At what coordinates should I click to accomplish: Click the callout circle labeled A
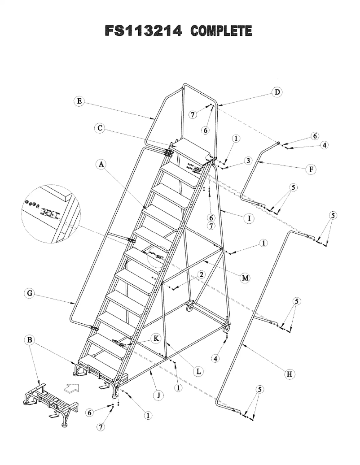point(102,165)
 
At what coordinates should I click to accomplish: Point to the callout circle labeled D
point(277,93)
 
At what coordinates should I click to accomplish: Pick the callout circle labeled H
point(291,374)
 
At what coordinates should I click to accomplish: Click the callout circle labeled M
point(245,278)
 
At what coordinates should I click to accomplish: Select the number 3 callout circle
point(247,161)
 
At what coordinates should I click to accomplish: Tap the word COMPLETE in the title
point(221,31)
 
